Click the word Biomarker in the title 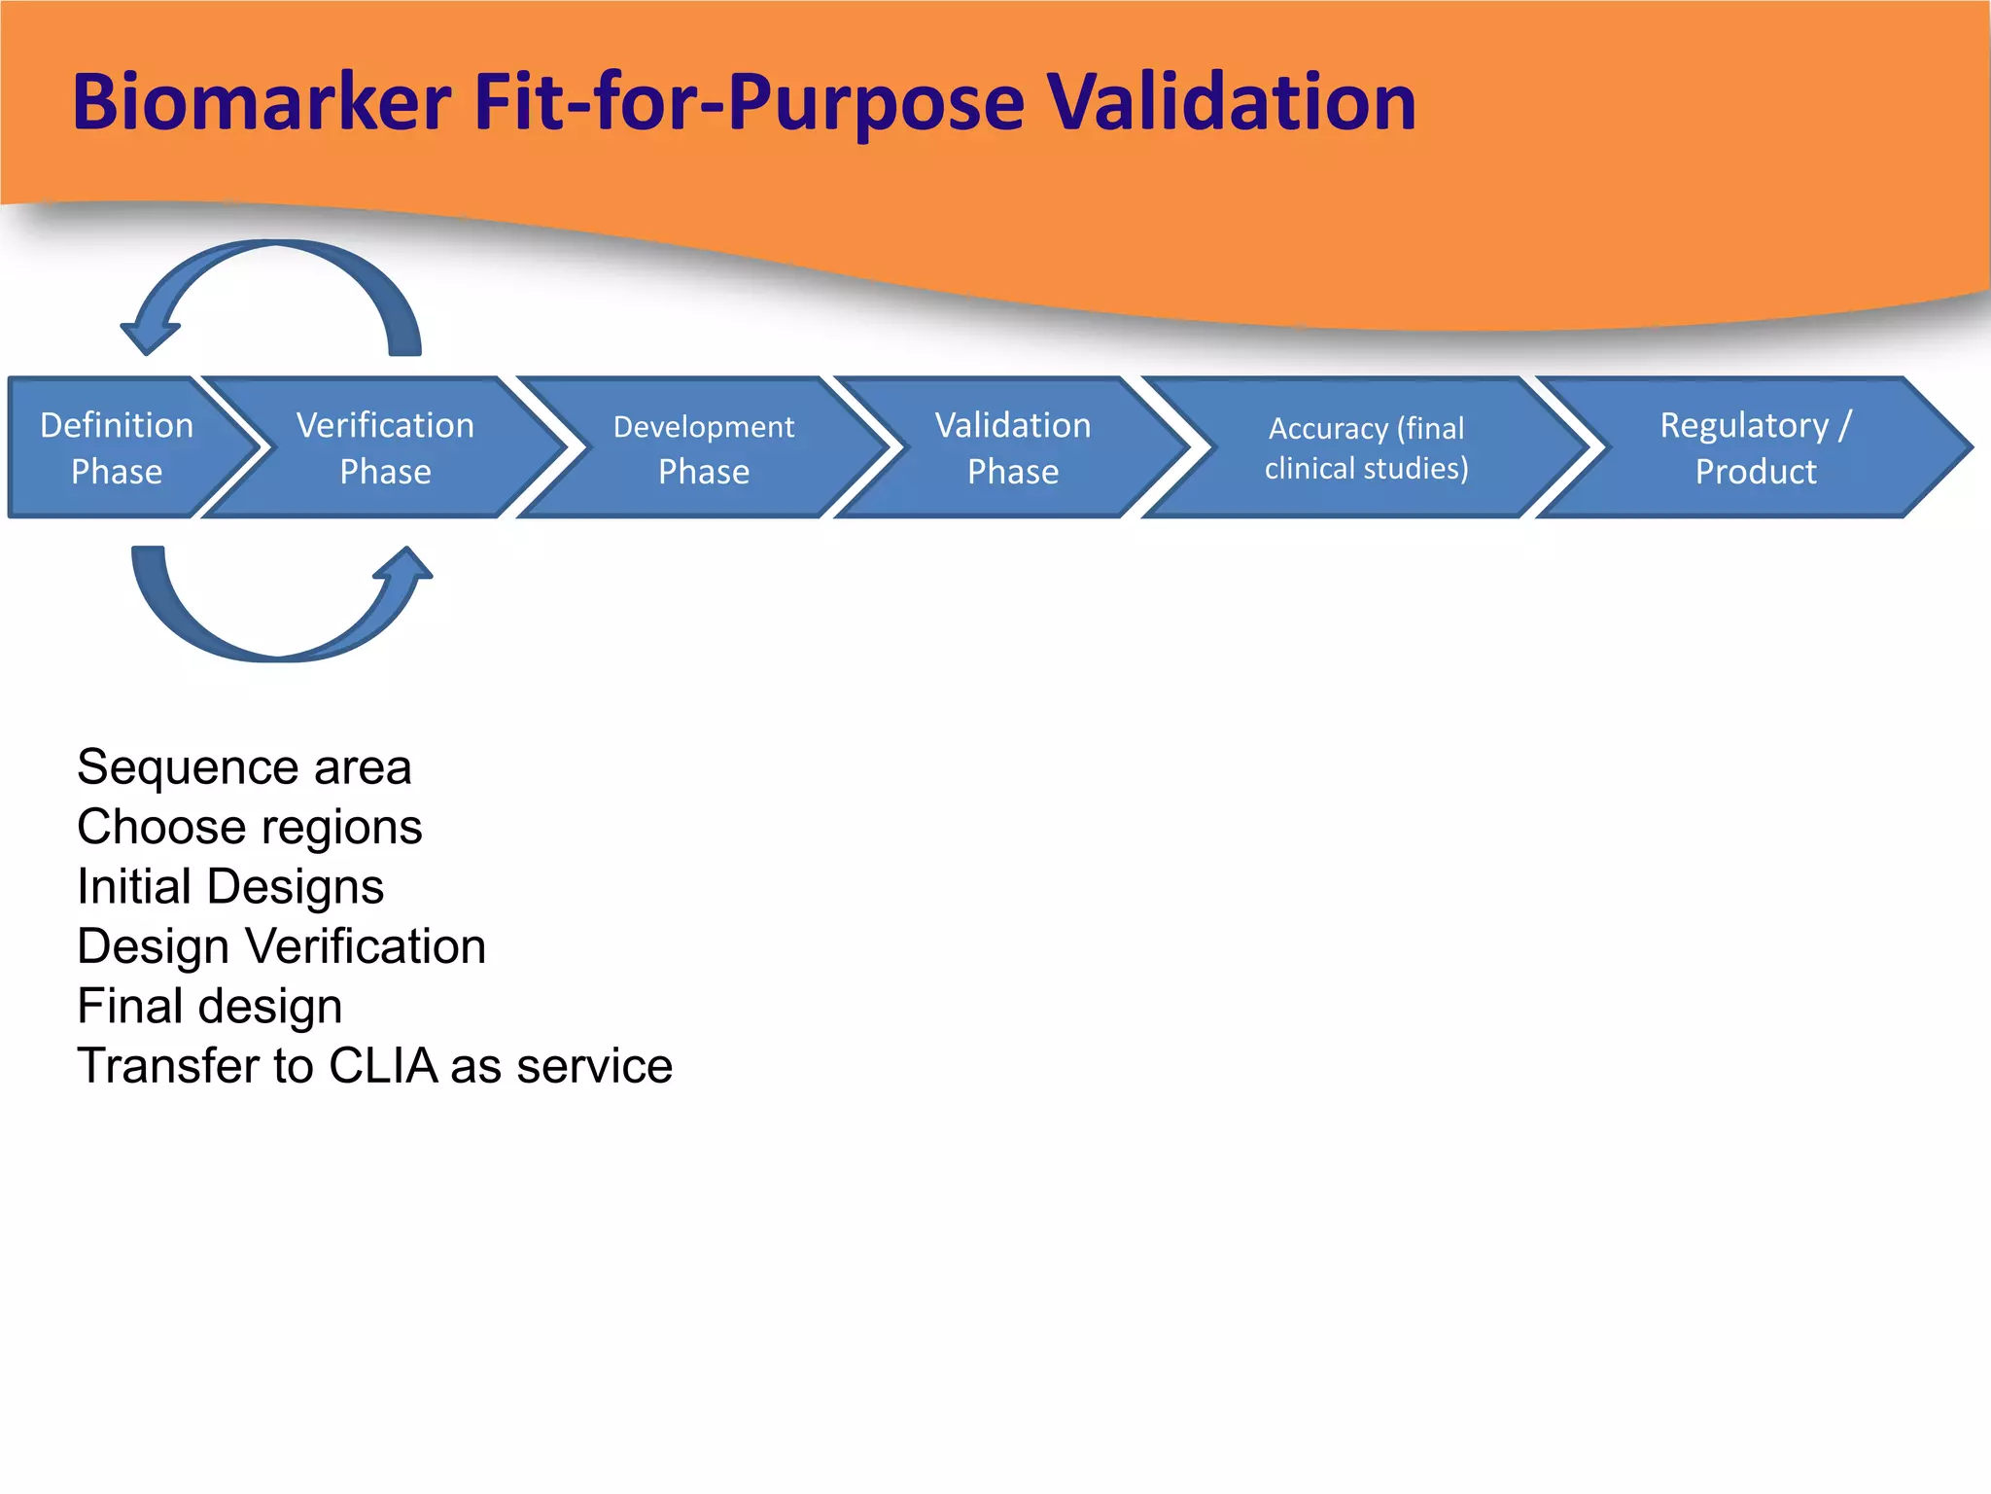click(x=261, y=102)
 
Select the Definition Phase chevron click(x=117, y=447)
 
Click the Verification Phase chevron click(x=385, y=447)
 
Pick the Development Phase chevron click(x=703, y=447)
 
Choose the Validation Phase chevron click(x=1012, y=447)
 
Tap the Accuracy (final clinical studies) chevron click(x=1366, y=447)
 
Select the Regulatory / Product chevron click(x=1755, y=447)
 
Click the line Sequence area click(x=244, y=767)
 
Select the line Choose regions click(x=249, y=828)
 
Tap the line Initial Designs click(x=230, y=887)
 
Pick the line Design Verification click(x=281, y=946)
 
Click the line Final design click(x=209, y=1007)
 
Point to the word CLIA click(x=382, y=1066)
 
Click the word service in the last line click(x=594, y=1066)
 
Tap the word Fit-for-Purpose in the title click(x=749, y=102)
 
